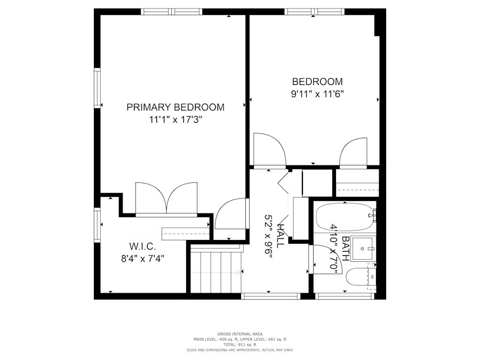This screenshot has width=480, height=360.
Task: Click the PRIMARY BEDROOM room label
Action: click(x=175, y=107)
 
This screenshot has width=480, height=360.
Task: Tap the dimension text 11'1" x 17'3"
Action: click(x=175, y=119)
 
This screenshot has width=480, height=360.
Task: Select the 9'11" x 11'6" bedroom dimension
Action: click(x=317, y=94)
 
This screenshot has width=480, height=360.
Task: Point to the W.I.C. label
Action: click(x=142, y=246)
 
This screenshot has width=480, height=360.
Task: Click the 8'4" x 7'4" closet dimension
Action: click(x=142, y=259)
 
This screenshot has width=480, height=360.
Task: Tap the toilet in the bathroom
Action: click(x=361, y=277)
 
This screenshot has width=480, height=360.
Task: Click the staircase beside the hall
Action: click(x=216, y=269)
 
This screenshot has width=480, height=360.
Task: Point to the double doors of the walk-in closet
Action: click(x=166, y=199)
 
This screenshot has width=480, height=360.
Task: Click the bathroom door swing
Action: click(x=324, y=259)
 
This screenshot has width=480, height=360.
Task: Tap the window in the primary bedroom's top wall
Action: click(x=172, y=12)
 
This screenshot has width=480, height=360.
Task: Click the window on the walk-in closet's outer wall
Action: click(x=98, y=225)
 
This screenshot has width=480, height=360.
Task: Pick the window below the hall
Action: click(x=270, y=296)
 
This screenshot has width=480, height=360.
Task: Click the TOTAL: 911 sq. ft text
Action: click(x=240, y=345)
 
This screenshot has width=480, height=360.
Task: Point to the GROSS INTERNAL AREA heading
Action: click(x=240, y=334)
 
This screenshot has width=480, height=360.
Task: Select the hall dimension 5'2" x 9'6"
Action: click(x=268, y=237)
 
